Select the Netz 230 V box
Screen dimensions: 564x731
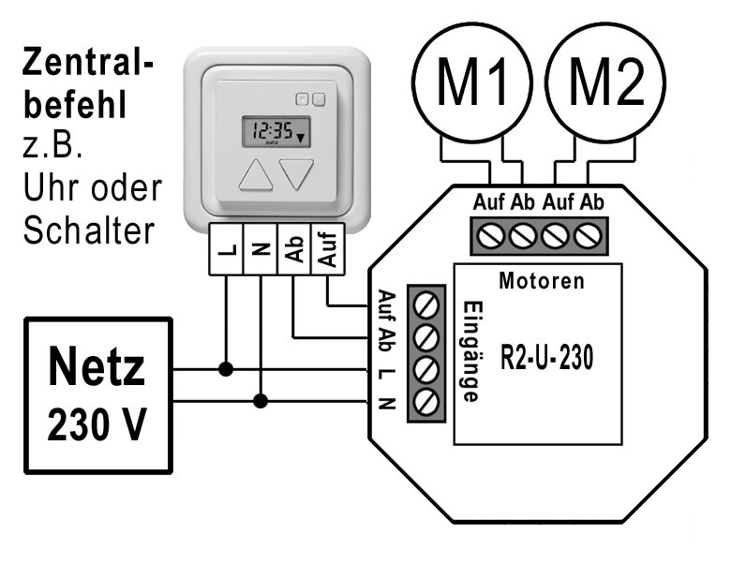click(98, 394)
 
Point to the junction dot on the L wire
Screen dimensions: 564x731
click(226, 369)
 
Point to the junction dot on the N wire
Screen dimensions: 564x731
click(261, 401)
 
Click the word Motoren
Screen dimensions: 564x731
click(542, 280)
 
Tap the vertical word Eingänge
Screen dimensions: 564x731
click(471, 351)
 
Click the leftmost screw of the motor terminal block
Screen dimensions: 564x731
click(489, 236)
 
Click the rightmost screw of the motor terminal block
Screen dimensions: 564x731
click(587, 236)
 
